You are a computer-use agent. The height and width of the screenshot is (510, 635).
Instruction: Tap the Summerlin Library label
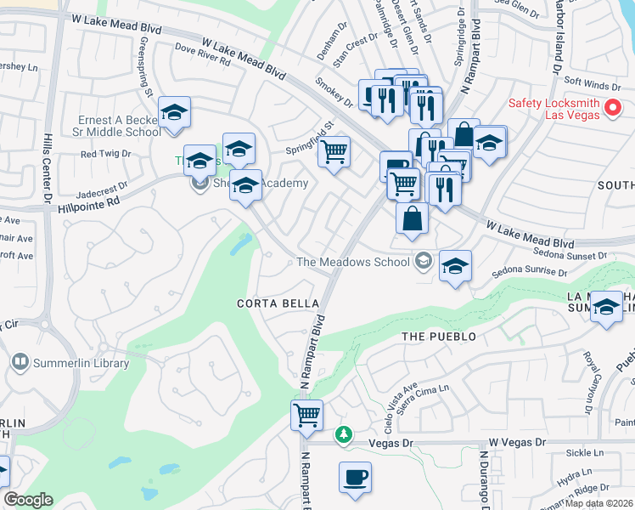[x=81, y=363]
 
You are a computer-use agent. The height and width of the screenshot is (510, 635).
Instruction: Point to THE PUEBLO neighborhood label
[x=439, y=337]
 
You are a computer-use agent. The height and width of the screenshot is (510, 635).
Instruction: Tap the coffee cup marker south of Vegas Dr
[x=355, y=477]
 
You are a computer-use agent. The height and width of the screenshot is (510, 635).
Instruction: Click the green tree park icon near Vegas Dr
[x=343, y=434]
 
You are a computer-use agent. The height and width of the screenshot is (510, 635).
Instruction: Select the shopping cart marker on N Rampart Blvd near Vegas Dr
[x=306, y=416]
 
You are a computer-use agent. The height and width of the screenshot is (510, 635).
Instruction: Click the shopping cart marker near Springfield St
[x=334, y=152]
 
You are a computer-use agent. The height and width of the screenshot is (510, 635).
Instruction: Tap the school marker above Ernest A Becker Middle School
[x=174, y=112]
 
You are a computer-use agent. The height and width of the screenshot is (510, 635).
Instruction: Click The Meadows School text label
[x=353, y=262]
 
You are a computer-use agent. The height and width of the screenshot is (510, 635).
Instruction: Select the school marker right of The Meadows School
[x=455, y=266]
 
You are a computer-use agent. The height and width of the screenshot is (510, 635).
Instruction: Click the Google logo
[x=29, y=500]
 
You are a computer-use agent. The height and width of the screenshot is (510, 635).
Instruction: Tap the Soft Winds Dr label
[x=593, y=84]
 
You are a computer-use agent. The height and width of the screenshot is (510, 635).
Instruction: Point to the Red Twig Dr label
[x=105, y=154]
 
